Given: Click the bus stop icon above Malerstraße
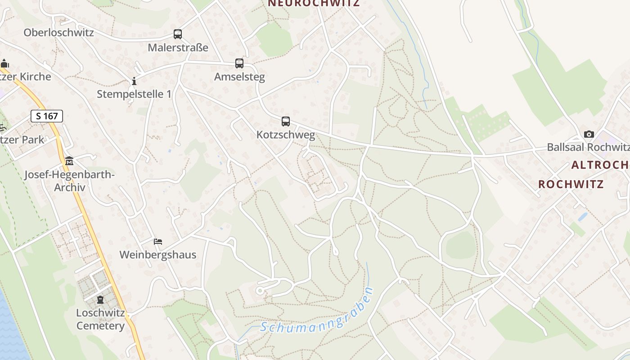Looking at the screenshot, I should (178, 34).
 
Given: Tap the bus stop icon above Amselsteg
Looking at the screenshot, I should (239, 63).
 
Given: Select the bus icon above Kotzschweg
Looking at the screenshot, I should (286, 121).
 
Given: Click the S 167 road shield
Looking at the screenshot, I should (47, 116).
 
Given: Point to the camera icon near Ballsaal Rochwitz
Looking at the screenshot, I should (589, 134).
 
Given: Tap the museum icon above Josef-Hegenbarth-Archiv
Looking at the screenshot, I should (69, 161).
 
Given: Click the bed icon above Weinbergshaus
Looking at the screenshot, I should (157, 242).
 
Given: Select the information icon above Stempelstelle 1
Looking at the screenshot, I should (134, 81).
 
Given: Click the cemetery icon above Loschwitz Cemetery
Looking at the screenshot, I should (100, 299).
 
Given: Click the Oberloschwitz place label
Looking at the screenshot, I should (58, 32).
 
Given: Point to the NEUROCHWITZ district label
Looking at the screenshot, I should (314, 4).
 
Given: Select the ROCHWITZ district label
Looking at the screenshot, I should (571, 184).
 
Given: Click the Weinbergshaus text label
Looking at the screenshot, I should (157, 255).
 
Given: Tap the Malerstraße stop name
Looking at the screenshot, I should (178, 47).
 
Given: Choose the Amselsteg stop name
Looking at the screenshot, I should (239, 77).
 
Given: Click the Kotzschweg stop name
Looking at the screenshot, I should (286, 135).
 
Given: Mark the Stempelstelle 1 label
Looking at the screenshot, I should (134, 94).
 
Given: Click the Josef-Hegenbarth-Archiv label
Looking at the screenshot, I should (70, 180).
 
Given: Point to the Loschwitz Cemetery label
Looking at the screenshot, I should (100, 319).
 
